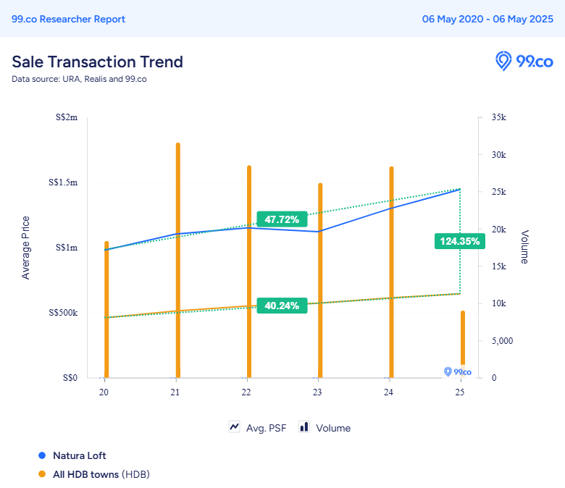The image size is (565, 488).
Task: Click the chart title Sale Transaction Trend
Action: (x=97, y=62)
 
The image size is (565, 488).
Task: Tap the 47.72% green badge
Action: (x=282, y=219)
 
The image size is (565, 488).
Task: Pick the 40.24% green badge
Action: (x=282, y=306)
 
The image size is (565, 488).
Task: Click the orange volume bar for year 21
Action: (x=177, y=261)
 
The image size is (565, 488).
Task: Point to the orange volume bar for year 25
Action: (x=462, y=344)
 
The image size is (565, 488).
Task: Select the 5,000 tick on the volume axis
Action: (x=501, y=340)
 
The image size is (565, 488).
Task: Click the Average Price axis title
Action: (x=26, y=248)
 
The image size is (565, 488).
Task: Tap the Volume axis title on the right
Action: (x=524, y=247)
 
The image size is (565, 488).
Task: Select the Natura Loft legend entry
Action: (x=79, y=455)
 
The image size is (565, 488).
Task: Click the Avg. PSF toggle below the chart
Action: (x=258, y=428)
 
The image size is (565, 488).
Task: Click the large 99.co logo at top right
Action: (x=524, y=62)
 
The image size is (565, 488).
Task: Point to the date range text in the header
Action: (x=487, y=19)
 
